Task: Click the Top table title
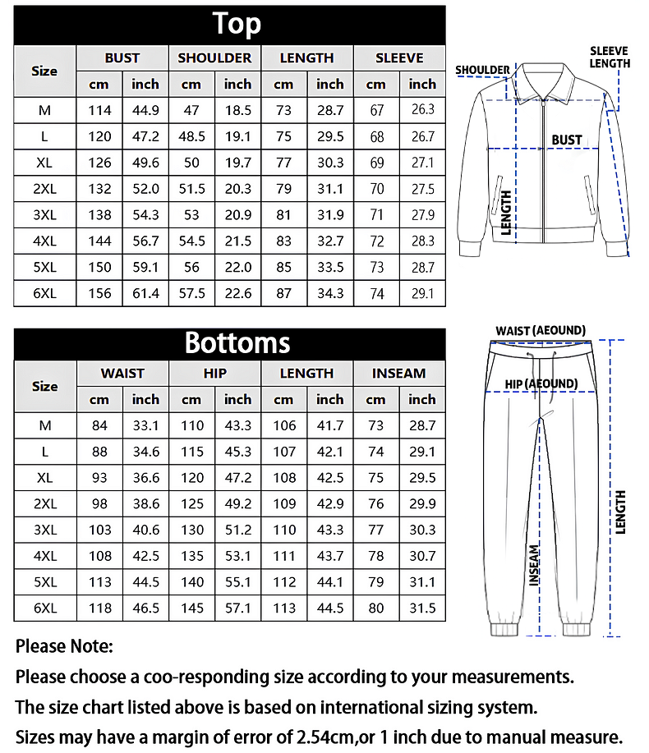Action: [237, 24]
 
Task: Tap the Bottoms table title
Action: [237, 342]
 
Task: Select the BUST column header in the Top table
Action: [122, 58]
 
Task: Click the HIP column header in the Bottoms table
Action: [214, 374]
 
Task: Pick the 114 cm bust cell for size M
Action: [99, 110]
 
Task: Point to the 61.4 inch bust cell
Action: [145, 293]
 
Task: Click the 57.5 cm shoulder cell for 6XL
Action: [191, 293]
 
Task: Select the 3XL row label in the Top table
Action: [44, 215]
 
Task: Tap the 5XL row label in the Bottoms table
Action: [44, 582]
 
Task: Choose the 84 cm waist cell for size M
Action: [99, 425]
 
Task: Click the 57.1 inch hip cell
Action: [237, 608]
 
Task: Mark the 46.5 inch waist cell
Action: [145, 608]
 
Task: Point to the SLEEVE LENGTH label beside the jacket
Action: [610, 57]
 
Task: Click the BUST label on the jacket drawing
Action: [566, 140]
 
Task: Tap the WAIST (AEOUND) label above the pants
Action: [540, 331]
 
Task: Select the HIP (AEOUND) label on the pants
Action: [541, 383]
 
